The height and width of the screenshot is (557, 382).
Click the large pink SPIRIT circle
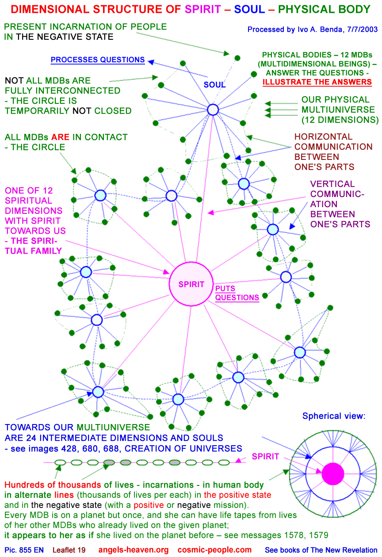tap(191, 284)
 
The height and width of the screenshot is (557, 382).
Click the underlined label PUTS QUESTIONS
tap(237, 293)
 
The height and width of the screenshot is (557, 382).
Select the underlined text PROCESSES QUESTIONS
tap(98, 60)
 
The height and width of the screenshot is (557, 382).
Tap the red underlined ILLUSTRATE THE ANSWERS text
tap(317, 82)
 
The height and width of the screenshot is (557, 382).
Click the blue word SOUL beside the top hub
tap(214, 84)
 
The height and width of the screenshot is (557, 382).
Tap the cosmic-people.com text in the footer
tap(214, 550)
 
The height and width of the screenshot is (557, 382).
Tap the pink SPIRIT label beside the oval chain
tap(265, 457)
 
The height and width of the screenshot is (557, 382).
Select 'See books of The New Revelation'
tap(321, 550)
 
